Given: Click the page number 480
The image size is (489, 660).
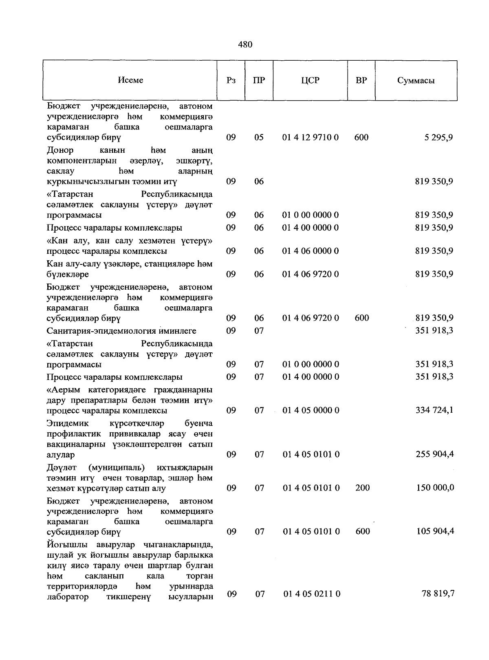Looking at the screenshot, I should pos(245,44).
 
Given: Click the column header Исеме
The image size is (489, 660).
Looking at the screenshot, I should pos(130,80).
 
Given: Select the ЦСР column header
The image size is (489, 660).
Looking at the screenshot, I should pos(310,80).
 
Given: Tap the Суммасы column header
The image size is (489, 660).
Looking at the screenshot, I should pos(416,80).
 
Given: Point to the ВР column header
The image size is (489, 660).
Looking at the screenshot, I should pos(361,80).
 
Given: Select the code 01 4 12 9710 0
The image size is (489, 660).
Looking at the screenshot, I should pos(311,137).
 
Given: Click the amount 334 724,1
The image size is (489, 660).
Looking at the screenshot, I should pos(434,410).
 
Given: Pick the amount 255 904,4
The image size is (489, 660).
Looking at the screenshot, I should pos(434,454).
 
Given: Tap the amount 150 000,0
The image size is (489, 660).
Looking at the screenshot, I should pos(434,488).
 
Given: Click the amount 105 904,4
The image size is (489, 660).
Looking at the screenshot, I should pos(434,531).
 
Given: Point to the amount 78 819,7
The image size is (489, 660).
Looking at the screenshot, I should pos(438,594).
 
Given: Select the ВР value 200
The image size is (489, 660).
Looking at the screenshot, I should pos(362,488).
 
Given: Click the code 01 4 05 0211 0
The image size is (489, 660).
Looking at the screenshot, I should pos(312,594).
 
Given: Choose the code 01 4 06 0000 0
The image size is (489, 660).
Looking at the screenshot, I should pos(311,251).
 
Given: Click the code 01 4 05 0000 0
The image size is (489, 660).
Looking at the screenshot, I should pos(311,410).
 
